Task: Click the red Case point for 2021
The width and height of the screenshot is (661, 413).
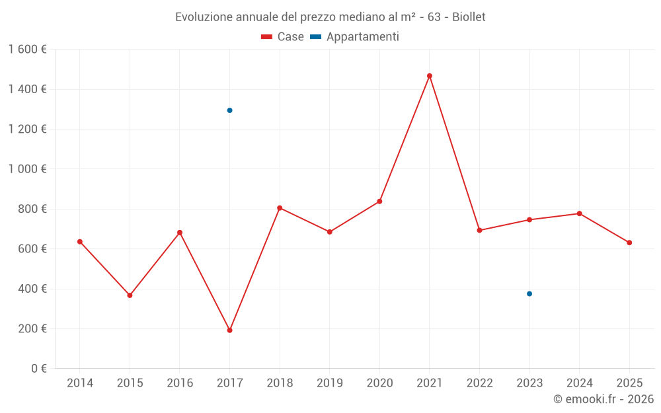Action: tap(430, 76)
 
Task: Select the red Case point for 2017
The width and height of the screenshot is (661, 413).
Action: tap(229, 330)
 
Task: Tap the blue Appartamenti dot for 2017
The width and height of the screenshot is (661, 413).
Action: tap(229, 110)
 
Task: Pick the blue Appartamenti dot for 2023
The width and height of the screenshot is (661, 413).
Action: tap(529, 294)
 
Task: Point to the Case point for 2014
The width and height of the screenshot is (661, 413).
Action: tap(80, 242)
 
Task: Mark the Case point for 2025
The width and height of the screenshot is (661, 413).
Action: tap(629, 243)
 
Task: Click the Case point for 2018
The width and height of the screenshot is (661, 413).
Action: tap(280, 208)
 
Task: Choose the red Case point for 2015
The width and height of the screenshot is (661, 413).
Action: tap(130, 295)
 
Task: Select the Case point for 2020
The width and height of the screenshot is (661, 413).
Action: tap(379, 201)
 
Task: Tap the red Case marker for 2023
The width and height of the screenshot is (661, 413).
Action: tap(529, 219)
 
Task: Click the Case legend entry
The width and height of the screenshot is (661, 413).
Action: tap(283, 37)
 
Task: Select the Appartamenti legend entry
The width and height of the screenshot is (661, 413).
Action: tap(355, 37)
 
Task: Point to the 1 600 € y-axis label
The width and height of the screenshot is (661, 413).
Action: tap(27, 50)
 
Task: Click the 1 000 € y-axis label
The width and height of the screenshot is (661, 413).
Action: tap(27, 169)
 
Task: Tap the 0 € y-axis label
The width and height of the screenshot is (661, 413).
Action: tap(38, 369)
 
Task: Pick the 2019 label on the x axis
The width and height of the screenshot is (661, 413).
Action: tap(329, 383)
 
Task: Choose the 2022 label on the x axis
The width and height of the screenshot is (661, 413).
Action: tap(479, 383)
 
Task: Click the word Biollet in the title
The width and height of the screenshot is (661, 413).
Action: tap(469, 17)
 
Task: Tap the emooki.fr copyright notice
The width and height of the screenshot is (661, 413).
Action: tap(603, 399)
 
